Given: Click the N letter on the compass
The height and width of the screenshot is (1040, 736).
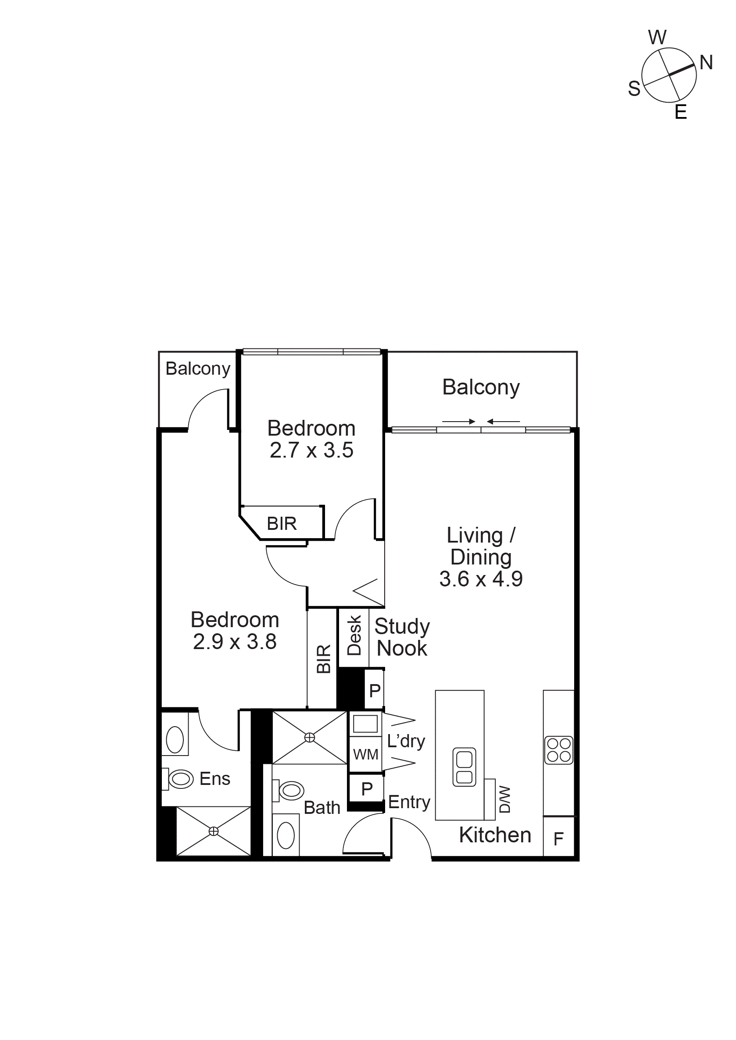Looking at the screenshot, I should (706, 63).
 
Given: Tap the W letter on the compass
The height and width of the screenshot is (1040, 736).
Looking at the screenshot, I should (657, 37).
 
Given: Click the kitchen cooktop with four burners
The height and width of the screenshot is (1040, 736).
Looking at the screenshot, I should (558, 750).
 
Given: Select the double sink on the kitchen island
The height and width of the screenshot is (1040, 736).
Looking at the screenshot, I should (464, 767).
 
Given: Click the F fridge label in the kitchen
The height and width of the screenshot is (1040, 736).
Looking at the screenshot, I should (558, 839).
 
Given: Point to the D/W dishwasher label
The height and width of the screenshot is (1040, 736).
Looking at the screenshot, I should (504, 799).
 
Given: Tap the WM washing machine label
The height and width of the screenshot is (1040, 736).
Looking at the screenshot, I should (366, 754).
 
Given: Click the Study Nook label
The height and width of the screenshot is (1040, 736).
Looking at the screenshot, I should (402, 637).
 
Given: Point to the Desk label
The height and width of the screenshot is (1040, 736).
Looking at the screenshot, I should (354, 635).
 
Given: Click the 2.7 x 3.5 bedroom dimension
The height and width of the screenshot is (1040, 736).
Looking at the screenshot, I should (311, 450).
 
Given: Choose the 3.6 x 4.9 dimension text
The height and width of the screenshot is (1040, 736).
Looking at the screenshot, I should (481, 579).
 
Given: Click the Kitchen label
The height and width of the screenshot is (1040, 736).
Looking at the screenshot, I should (495, 835).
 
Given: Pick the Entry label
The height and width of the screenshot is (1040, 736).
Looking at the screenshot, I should (409, 802).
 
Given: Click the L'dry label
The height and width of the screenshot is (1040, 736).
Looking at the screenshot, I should (406, 742).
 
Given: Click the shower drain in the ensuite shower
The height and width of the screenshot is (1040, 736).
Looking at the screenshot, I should (214, 831).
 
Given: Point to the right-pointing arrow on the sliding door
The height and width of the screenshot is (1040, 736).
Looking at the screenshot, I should (459, 422).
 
